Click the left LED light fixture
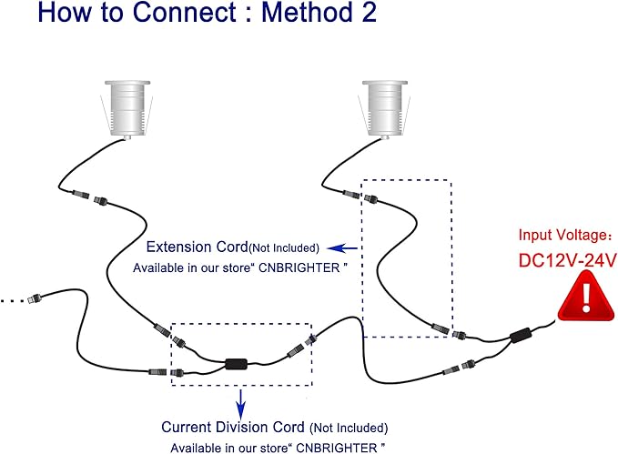click(127, 109)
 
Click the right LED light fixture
click(385, 109)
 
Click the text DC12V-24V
click(568, 260)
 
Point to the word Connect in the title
click(185, 12)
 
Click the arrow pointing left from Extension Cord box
click(342, 248)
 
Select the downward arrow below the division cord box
click(241, 404)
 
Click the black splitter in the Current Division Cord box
click(236, 363)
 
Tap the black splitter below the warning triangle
click(521, 336)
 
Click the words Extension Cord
click(198, 247)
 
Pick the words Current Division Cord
click(233, 428)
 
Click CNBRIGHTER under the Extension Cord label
click(299, 268)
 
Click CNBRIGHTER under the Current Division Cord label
click(337, 449)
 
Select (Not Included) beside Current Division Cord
click(349, 428)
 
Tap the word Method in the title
click(305, 12)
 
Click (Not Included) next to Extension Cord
click(284, 247)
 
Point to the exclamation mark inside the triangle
click(586, 297)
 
